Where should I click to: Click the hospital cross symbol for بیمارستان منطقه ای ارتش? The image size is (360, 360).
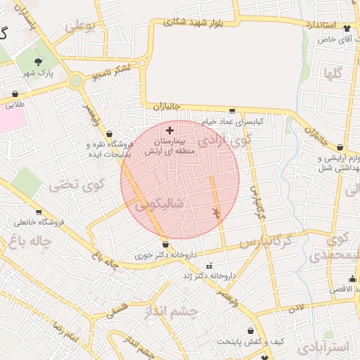pyautogui.click(x=169, y=130)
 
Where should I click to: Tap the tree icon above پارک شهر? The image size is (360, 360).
pyautogui.click(x=48, y=63)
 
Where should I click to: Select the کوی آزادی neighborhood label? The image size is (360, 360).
pyautogui.click(x=224, y=140)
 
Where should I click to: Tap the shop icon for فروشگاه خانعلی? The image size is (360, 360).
pyautogui.click(x=39, y=212)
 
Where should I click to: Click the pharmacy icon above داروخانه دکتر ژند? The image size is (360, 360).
pyautogui.click(x=209, y=266)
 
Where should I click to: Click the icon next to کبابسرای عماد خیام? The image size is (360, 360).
pyautogui.click(x=232, y=110)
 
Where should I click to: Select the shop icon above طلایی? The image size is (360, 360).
pyautogui.click(x=15, y=94)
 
